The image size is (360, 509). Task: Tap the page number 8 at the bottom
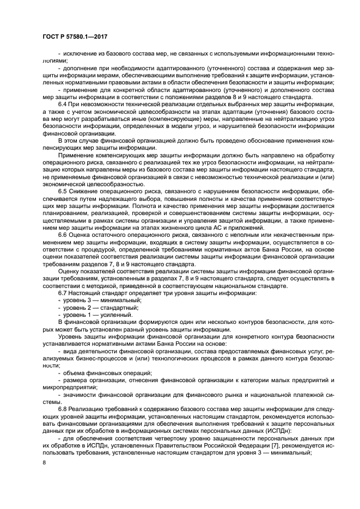tap(44, 462)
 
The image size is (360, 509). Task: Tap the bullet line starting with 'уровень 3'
tap(96, 301)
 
